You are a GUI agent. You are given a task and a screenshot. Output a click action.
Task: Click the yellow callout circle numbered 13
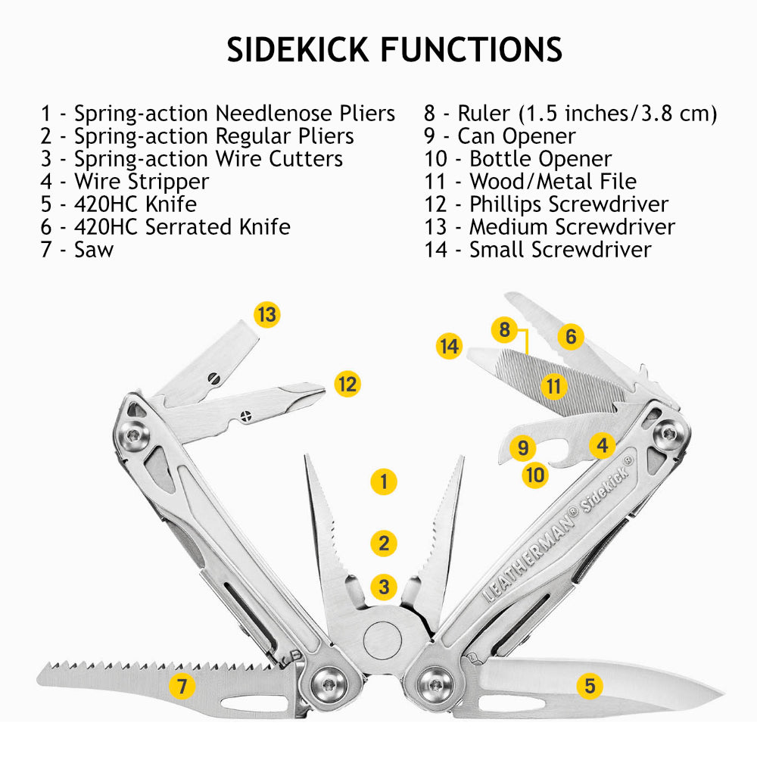tap(266, 314)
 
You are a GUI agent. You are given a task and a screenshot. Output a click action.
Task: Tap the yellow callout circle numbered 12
tap(347, 384)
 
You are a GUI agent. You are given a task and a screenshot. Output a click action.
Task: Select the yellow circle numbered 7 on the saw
tap(182, 687)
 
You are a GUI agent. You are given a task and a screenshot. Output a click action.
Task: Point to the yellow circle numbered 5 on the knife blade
tap(590, 686)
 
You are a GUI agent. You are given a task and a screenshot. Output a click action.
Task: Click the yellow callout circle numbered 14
tap(450, 347)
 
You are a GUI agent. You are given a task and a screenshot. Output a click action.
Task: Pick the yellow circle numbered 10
tap(535, 475)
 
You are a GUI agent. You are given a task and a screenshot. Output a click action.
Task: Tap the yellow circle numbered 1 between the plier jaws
tap(385, 481)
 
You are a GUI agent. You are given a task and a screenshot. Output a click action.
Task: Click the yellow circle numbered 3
tap(385, 586)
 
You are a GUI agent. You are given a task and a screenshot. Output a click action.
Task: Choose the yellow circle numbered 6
tap(571, 336)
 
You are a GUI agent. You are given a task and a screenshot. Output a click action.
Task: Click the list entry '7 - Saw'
tap(77, 249)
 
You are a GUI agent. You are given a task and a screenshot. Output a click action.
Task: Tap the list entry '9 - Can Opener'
tap(500, 136)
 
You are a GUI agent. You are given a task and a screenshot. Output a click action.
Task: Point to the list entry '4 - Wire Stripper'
tap(125, 182)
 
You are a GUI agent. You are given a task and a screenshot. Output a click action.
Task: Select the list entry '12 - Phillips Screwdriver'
tap(546, 204)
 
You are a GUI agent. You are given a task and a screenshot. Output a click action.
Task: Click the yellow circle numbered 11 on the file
tap(555, 386)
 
